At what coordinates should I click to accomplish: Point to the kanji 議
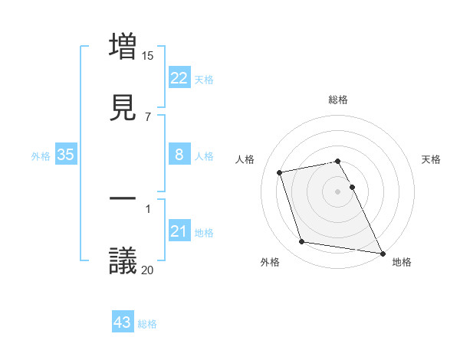coord(123,260)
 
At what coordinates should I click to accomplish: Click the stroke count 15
coord(148,55)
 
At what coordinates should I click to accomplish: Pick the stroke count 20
coord(148,269)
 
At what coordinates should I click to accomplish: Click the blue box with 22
coord(179,78)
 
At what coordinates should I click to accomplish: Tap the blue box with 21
coord(179,231)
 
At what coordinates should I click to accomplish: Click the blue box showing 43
coord(123,323)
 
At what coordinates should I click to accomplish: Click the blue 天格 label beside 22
coord(204,79)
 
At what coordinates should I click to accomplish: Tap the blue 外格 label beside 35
coord(41,156)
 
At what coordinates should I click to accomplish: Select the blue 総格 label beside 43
coord(147,324)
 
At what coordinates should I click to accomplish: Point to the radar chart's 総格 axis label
coord(338,100)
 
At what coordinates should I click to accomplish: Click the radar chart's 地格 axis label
coord(402,262)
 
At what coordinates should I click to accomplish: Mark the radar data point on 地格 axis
coord(382,252)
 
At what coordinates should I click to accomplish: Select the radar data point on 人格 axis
coord(279,172)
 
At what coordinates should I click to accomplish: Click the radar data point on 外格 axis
coord(302,242)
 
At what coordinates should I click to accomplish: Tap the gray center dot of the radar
coord(338,191)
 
